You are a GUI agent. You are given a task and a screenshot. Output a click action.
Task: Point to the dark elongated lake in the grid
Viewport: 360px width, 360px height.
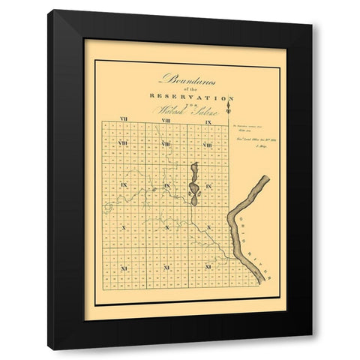click(193, 184)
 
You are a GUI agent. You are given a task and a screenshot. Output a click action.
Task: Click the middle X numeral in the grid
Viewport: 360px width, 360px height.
click(166, 226)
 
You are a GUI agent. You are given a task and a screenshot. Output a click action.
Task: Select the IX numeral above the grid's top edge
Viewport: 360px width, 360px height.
click(210, 121)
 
